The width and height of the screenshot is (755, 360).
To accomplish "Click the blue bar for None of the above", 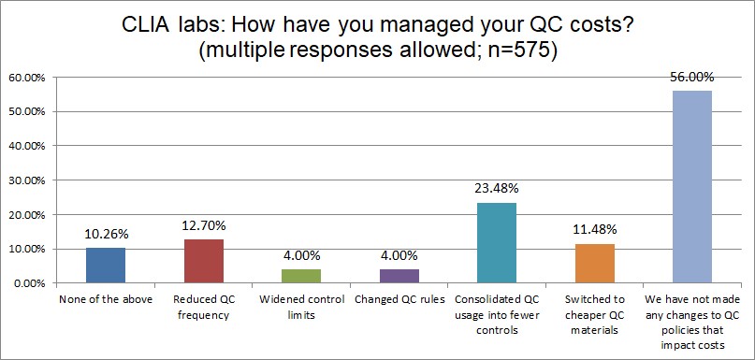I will pos(106,265).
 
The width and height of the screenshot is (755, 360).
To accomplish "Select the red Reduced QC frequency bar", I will pos(203,261).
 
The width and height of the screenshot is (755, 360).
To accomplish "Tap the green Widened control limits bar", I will pos(301,276).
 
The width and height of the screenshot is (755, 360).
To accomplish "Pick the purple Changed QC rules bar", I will pos(399,276).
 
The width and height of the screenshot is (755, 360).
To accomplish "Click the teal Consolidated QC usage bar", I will pos(496,242).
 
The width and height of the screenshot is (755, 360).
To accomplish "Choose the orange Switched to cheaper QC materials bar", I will pos(594,263).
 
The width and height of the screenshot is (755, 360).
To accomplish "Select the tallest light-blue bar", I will pos(691,186).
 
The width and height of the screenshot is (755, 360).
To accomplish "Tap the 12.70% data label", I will pos(204,227).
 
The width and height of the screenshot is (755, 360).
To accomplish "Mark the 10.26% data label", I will pos(106,236).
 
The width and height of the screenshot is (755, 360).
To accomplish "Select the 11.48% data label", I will pos(594,232).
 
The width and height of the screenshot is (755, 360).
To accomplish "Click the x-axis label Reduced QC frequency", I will pos(203,308).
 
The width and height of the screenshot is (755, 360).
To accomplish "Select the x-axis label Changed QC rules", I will pos(399,301).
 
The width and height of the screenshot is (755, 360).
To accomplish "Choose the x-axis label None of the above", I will pos(106,301).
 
